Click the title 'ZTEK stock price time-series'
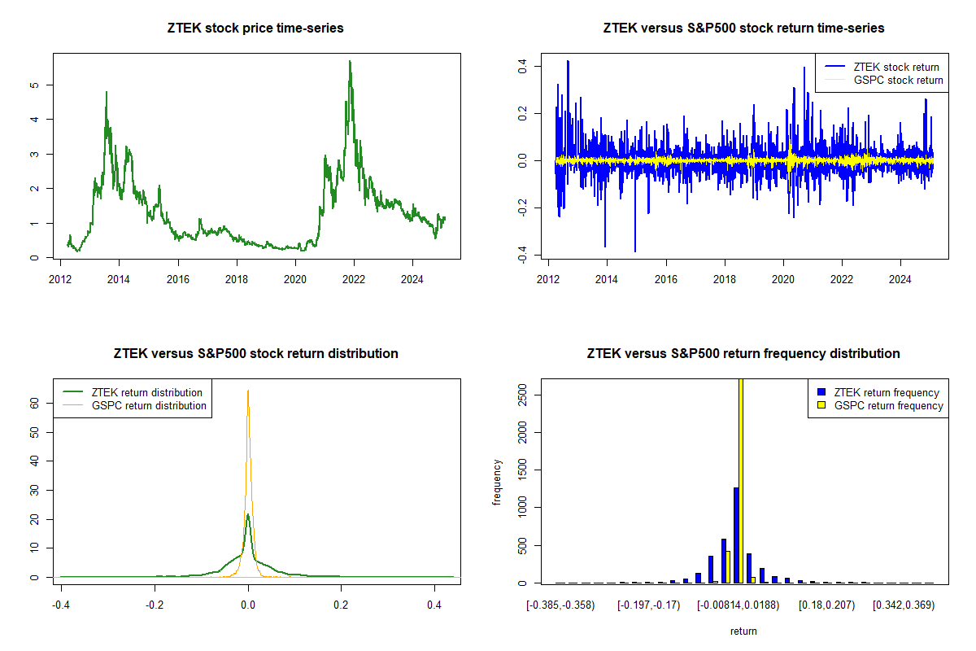(255, 28)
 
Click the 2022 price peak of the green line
(350, 62)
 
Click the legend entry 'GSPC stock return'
(898, 80)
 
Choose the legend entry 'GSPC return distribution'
(149, 405)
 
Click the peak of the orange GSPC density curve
(248, 391)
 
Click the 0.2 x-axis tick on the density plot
(341, 605)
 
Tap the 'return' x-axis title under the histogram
(743, 631)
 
